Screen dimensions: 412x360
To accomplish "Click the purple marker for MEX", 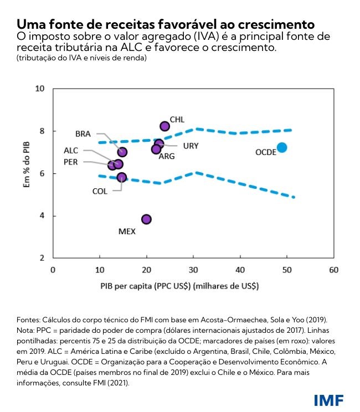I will point(146,219).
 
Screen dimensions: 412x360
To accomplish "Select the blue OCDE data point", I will point(282,147).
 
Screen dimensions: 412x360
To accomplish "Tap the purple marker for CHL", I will point(164,126).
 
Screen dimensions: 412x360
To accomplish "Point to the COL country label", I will point(100,191).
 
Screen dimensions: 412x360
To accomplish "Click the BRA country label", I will point(83,134).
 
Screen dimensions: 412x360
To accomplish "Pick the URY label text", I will point(191,146).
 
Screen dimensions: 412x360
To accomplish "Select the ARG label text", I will point(167,157).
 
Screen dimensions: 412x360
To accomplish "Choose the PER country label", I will point(71,162).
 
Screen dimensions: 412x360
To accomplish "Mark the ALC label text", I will point(71,150).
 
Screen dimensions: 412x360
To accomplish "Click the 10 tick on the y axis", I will point(39,89).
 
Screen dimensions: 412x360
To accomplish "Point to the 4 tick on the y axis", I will point(42,216).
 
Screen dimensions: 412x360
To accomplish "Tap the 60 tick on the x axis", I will point(333,270).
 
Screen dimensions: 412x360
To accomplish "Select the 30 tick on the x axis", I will point(193,270).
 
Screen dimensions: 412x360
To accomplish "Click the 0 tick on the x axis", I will point(53,270).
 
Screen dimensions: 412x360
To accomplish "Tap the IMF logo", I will point(328,399).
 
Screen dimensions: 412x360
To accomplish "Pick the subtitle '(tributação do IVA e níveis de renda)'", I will point(81,58).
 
